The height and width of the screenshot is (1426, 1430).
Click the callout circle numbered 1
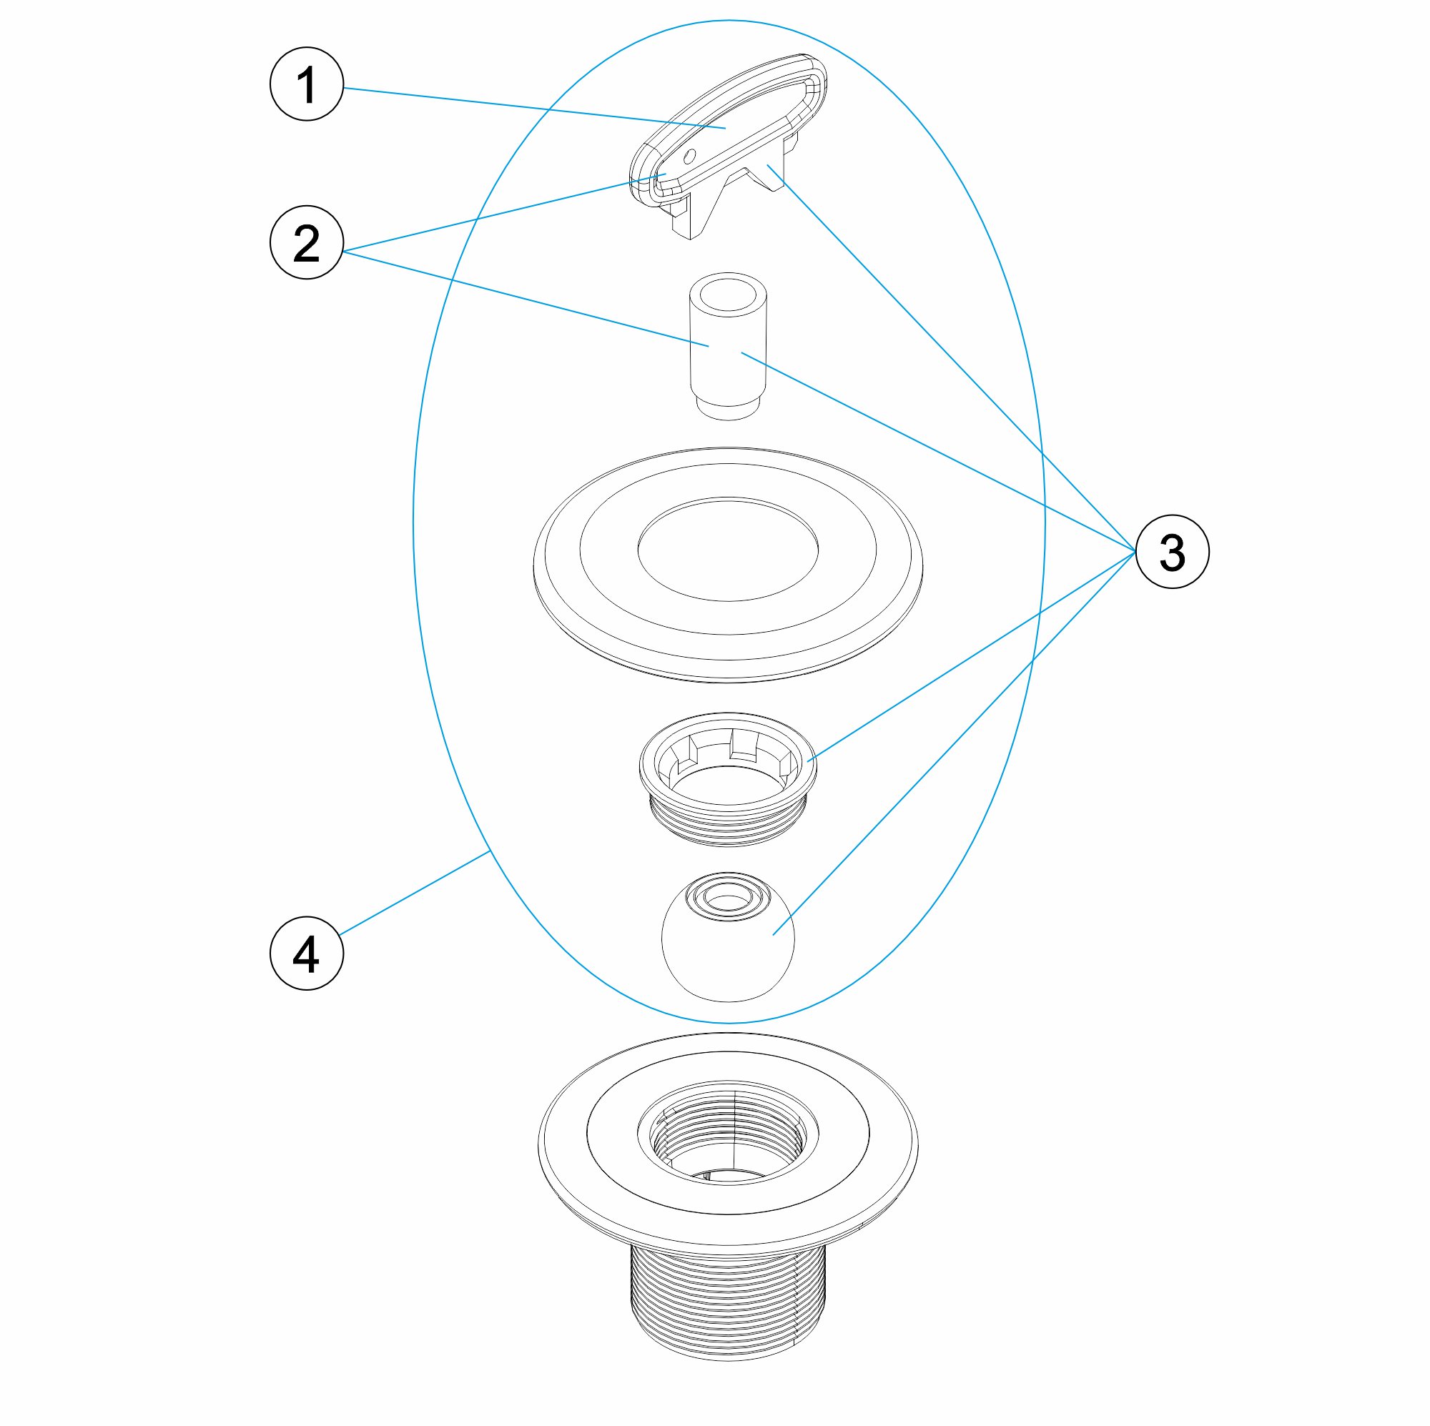[x=307, y=84]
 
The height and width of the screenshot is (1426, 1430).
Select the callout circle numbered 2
[x=307, y=242]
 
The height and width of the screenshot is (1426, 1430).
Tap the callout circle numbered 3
[x=1172, y=552]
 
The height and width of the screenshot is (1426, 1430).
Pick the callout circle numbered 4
[x=307, y=952]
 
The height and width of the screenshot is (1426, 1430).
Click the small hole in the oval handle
[x=690, y=156]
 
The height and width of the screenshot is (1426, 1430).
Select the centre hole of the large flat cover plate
[x=728, y=548]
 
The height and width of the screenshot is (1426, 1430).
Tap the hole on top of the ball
[x=728, y=898]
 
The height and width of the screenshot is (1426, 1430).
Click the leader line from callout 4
[x=415, y=893]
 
